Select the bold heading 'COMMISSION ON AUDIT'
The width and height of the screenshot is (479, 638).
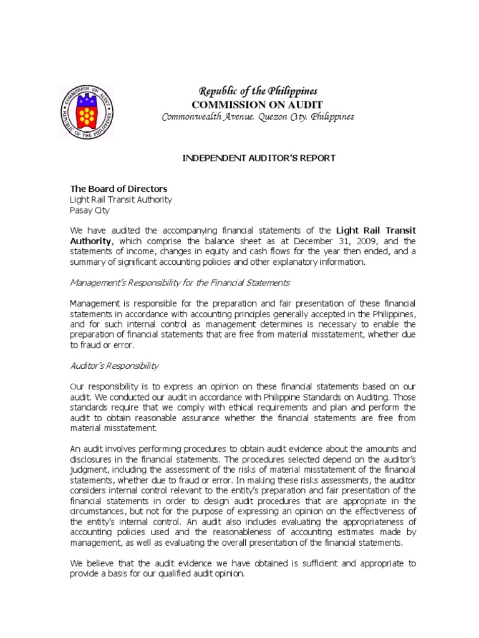pos(257,104)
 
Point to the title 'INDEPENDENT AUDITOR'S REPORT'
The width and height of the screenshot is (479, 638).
pos(258,158)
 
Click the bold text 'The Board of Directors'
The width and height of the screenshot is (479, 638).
pos(118,189)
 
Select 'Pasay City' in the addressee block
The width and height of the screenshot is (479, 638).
pos(89,211)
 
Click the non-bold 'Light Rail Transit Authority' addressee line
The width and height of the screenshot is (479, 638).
pos(120,200)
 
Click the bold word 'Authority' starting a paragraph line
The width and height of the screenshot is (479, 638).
pos(90,241)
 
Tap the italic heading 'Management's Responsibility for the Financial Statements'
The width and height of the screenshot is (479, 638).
pos(180,283)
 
